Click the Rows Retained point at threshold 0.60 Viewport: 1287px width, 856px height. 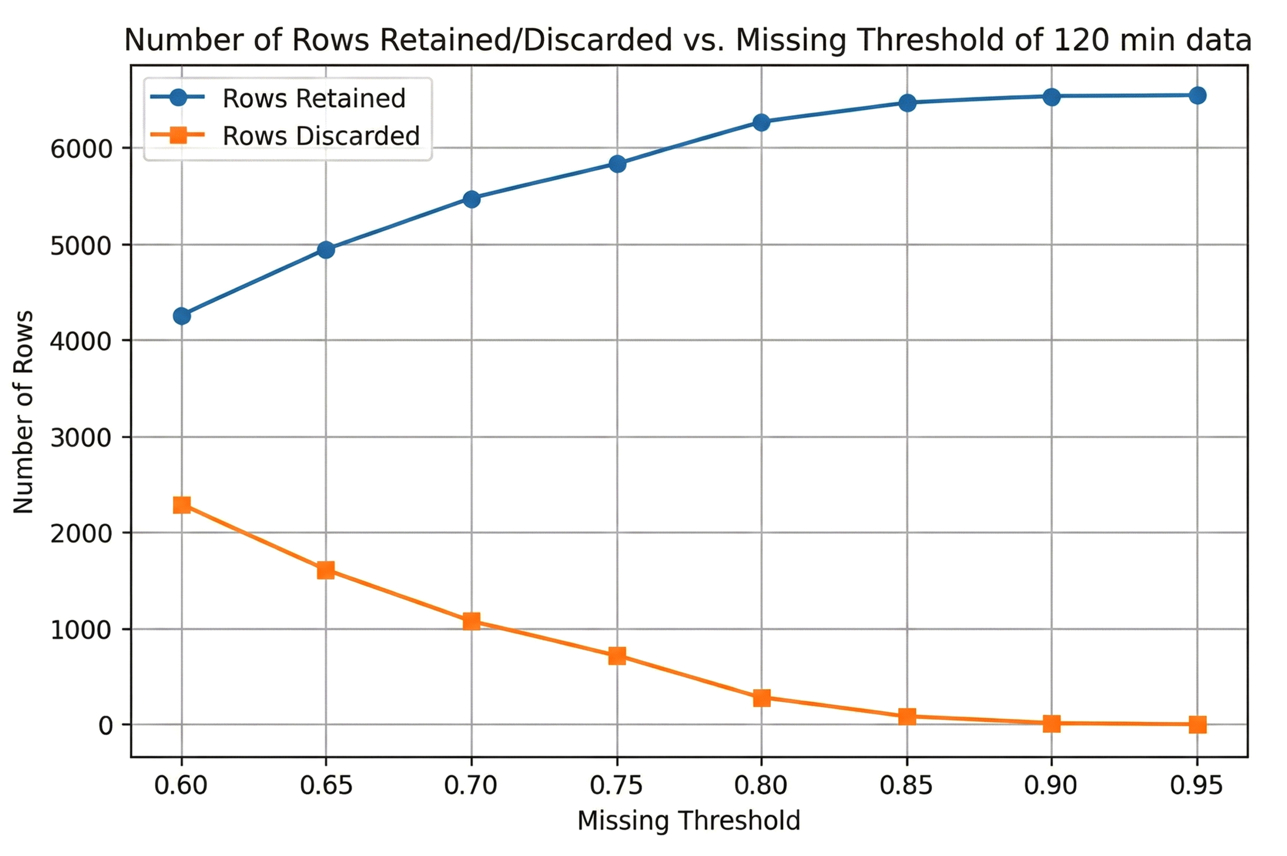point(182,315)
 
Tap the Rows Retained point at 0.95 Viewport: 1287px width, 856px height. point(1197,96)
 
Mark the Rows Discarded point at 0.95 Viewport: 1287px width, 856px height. point(1197,725)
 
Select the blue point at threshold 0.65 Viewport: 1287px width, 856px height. point(326,249)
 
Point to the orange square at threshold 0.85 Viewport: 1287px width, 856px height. point(907,716)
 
